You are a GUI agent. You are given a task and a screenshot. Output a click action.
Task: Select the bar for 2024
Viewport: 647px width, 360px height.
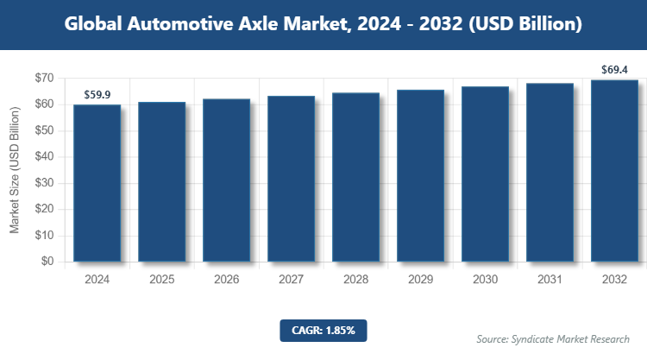[97, 182]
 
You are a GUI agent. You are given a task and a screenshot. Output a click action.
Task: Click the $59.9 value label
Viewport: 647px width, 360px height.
[97, 94]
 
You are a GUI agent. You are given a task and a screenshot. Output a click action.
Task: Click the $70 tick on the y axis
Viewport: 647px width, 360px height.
[44, 79]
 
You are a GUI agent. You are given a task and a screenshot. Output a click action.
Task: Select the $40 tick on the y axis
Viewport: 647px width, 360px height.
[44, 157]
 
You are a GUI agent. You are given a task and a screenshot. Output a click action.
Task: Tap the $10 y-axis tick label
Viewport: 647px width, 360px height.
[44, 235]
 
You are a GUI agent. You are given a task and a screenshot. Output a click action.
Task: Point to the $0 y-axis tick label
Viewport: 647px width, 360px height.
[47, 262]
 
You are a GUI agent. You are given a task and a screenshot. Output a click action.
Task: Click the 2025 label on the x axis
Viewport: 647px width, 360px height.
[161, 280]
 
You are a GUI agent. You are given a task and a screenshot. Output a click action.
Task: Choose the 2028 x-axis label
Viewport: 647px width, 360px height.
[355, 280]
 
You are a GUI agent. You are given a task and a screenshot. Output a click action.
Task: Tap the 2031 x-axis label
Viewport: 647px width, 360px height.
[550, 280]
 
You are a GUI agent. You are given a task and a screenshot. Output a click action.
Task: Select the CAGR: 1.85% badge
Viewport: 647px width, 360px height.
[323, 330]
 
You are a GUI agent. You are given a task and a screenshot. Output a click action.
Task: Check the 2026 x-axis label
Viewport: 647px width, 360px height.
[226, 280]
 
